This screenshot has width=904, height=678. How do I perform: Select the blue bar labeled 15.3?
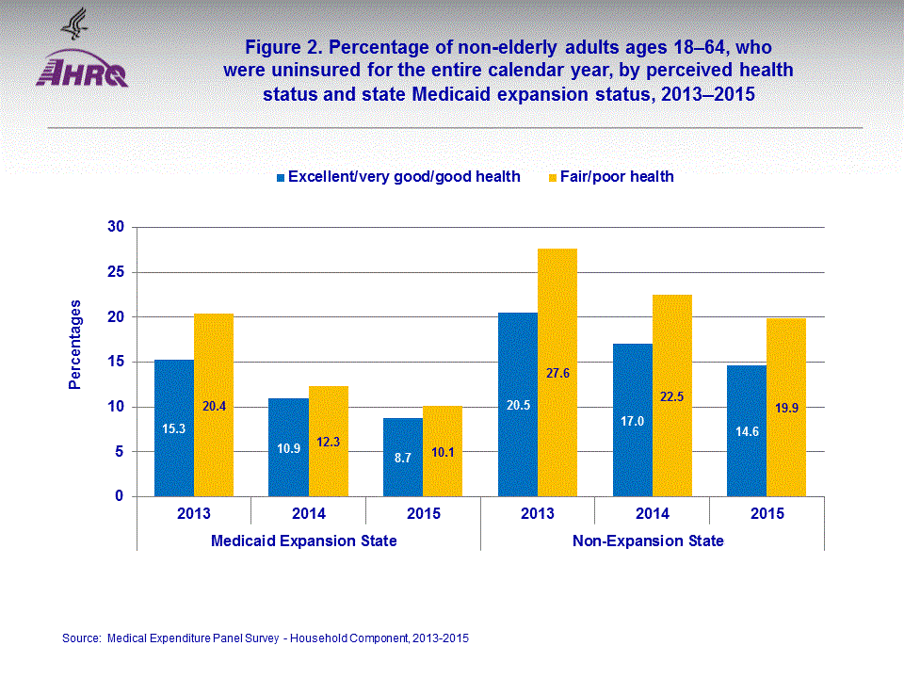click(174, 428)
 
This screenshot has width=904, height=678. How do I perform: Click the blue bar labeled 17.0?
click(633, 420)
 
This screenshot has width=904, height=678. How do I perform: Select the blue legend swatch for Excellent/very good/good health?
click(281, 177)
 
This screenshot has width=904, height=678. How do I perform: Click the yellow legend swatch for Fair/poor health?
click(552, 177)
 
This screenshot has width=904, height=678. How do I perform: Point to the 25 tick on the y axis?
click(117, 272)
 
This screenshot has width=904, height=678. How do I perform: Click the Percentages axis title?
click(75, 345)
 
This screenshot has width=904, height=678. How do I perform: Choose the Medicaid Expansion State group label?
click(303, 541)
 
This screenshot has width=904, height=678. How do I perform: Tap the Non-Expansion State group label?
click(648, 541)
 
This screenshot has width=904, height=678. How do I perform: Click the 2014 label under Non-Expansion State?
click(652, 513)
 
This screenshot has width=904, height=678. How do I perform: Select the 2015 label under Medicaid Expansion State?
click(423, 513)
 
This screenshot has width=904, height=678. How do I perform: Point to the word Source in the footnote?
click(80, 638)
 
